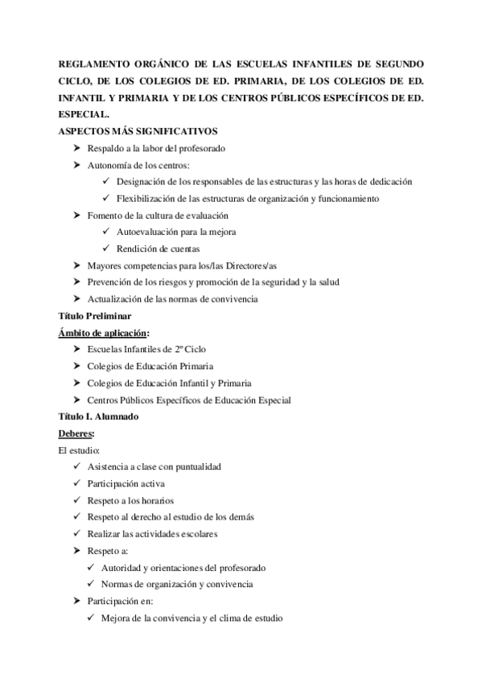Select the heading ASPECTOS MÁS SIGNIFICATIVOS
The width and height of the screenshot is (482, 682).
click(x=138, y=132)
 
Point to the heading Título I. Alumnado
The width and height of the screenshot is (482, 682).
click(x=98, y=417)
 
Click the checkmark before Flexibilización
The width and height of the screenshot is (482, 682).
click(x=107, y=199)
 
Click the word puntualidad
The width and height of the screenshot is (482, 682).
click(x=194, y=467)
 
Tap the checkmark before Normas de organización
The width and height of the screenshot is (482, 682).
click(x=92, y=585)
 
